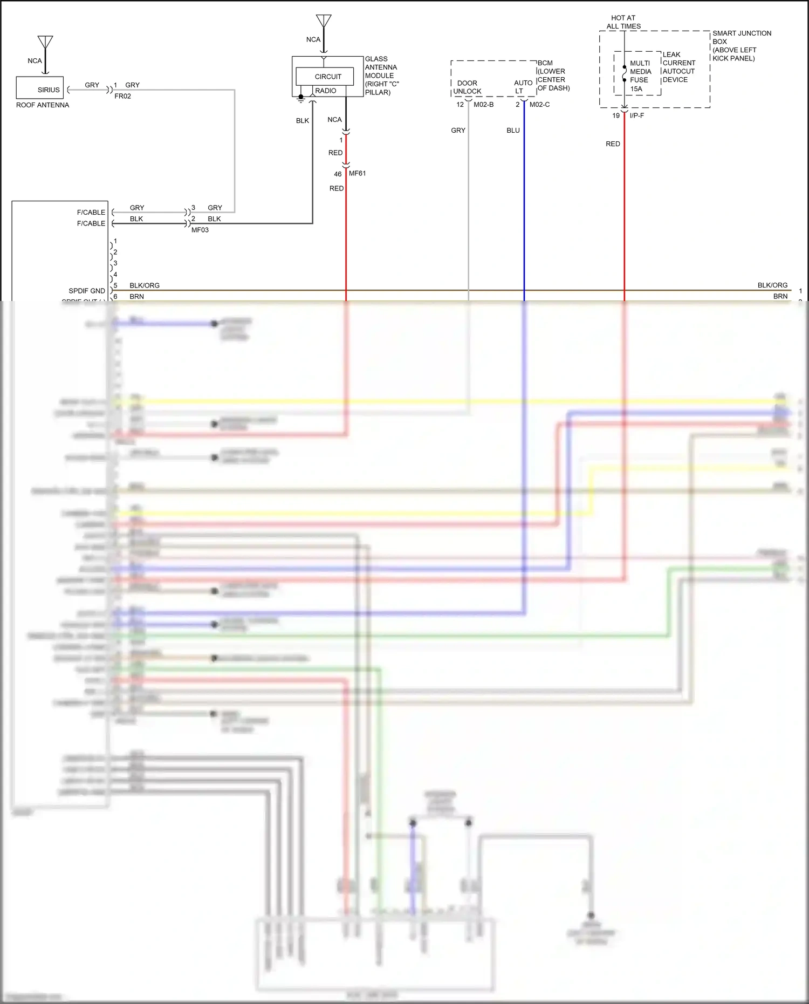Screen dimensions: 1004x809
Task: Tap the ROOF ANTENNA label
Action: point(43,105)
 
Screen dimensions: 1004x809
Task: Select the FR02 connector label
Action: point(122,96)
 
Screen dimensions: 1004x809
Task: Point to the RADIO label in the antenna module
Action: point(326,91)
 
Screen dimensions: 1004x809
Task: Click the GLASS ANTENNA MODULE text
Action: point(381,76)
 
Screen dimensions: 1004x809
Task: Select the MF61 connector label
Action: point(357,173)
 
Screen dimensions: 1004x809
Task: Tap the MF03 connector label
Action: point(200,230)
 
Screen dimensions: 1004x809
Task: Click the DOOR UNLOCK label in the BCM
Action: point(467,87)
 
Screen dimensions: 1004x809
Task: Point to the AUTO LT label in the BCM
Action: point(523,87)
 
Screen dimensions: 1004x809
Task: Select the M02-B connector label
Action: point(483,104)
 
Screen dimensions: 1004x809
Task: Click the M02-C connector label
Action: point(539,104)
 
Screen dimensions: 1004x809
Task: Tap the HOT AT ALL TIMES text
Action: point(623,22)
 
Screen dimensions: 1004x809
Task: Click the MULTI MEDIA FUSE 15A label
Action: point(640,76)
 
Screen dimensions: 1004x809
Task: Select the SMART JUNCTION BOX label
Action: point(741,45)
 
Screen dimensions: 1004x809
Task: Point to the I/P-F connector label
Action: point(636,115)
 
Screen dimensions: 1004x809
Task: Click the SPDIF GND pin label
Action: point(87,291)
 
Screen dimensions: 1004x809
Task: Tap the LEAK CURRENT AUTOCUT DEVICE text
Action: point(678,67)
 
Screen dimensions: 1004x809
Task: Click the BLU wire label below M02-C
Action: point(513,131)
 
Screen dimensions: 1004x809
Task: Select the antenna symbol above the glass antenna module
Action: point(324,22)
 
